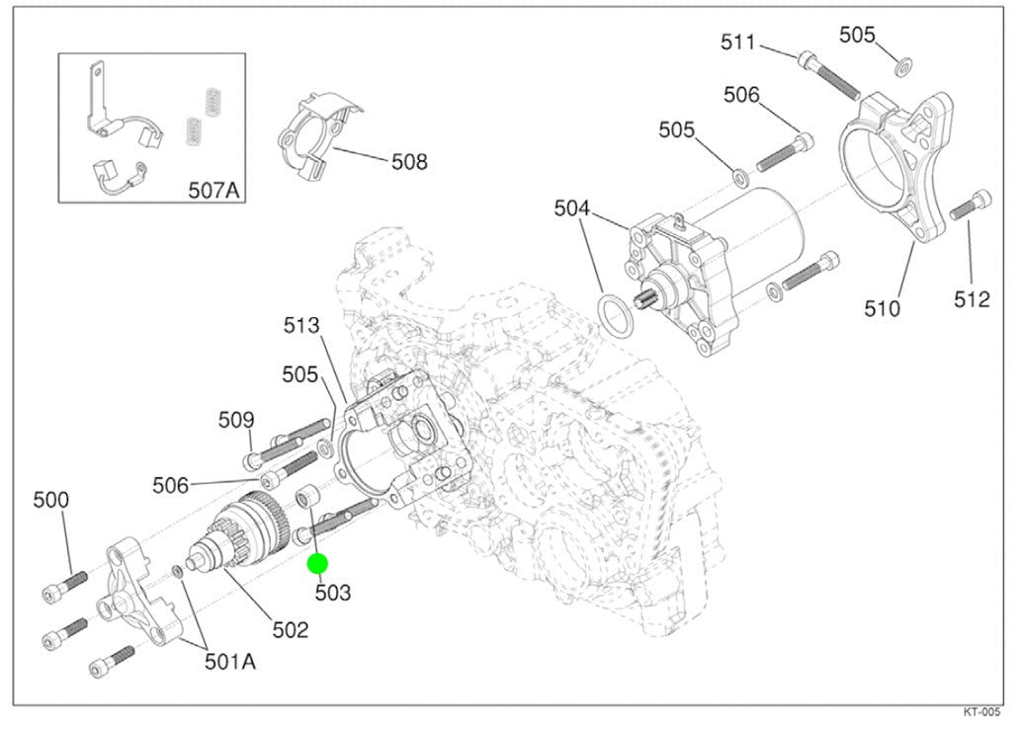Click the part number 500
click(50, 500)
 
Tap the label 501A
click(229, 661)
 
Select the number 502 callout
click(291, 629)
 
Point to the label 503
click(333, 593)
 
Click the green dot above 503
click(317, 564)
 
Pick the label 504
click(572, 208)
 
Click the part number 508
click(409, 161)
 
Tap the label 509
click(237, 420)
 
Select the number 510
click(882, 308)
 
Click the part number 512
click(972, 299)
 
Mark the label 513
click(301, 324)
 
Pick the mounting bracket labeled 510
click(897, 168)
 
